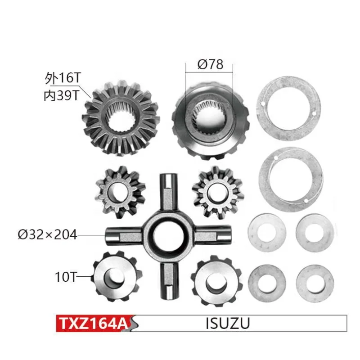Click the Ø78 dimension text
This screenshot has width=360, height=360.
coord(210,64)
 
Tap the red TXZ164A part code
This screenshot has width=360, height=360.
coord(93,323)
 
